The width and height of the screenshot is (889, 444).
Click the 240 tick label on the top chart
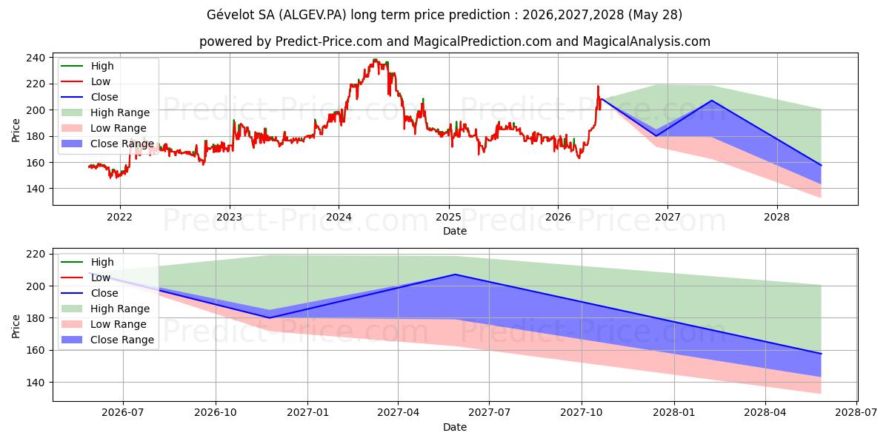[x=36, y=58]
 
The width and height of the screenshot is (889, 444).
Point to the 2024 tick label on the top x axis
[x=339, y=217]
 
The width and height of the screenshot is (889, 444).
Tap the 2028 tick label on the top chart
[x=776, y=217]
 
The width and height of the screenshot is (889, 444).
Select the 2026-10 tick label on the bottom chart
[x=216, y=412]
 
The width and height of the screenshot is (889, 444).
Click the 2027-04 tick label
[x=399, y=412]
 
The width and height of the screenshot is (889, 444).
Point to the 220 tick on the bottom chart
[x=36, y=254]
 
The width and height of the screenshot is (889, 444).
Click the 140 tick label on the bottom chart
[x=36, y=383]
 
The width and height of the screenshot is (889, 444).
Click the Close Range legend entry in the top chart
[x=107, y=144]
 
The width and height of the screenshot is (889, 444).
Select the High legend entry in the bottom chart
[x=87, y=262]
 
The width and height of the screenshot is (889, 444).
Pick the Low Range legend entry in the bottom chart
[x=104, y=324]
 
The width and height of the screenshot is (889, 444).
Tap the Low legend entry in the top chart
[x=85, y=81]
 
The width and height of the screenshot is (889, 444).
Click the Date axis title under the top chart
[x=455, y=231]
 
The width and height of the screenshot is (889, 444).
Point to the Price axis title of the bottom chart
[x=16, y=326]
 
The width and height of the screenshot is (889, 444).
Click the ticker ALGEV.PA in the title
[x=313, y=15]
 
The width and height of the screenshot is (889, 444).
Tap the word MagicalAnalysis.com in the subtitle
[x=647, y=41]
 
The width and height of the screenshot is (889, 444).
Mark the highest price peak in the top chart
[x=375, y=60]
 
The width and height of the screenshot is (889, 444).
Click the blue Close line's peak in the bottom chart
[x=455, y=275]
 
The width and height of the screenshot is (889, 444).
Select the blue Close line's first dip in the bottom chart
[x=270, y=318]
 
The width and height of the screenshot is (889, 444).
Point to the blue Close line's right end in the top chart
[x=821, y=165]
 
